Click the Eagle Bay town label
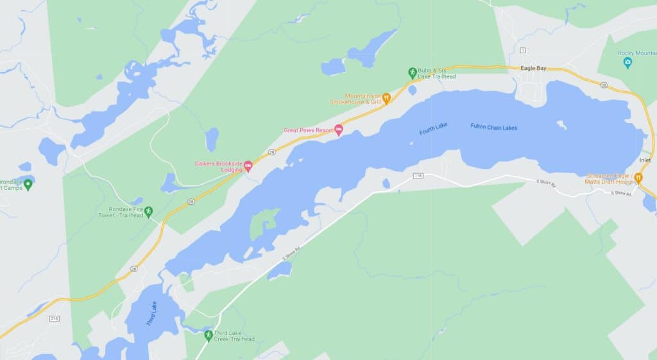533,68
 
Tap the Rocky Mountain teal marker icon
627,62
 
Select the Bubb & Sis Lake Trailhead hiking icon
413,73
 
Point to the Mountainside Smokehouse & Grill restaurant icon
386,98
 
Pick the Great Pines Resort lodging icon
339,130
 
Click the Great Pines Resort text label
308,130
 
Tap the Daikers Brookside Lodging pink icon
248,167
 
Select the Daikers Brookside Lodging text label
218,167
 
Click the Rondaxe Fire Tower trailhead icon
149,210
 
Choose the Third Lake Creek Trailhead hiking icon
208,336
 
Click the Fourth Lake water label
433,129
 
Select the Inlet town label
645,160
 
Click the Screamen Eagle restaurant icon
638,178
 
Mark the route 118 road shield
419,175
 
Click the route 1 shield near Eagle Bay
523,50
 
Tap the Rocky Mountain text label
637,53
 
